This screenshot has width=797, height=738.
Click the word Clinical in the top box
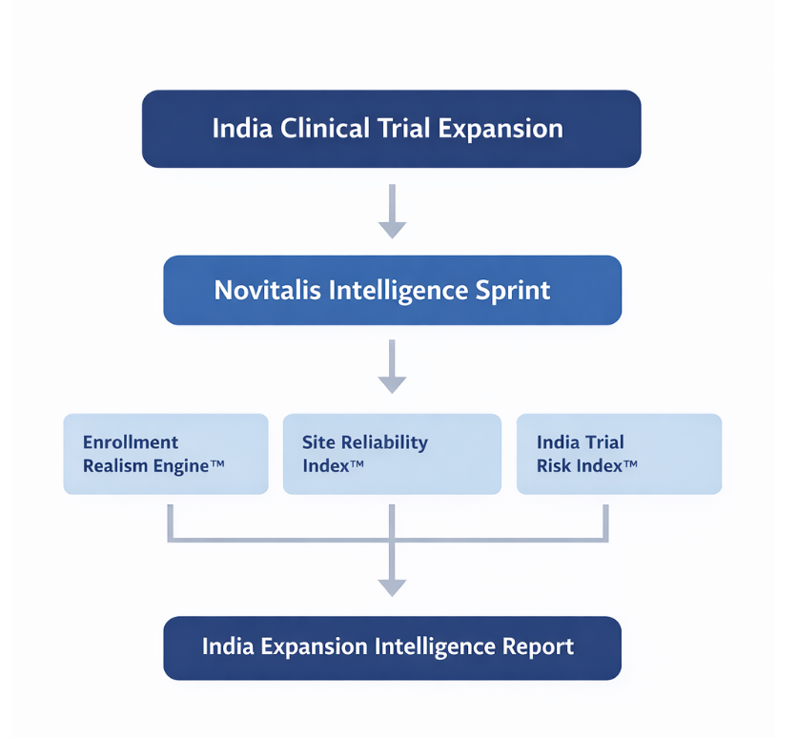325,128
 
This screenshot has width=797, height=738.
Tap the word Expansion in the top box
501,129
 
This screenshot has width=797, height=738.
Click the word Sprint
513,291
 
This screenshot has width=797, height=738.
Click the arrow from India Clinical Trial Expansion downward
392,211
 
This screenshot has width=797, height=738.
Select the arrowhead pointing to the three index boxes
392,385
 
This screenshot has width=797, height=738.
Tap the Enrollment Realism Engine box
166,454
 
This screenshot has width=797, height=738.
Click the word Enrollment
131,442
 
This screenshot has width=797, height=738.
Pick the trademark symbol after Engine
217,462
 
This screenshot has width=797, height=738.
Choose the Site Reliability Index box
392,454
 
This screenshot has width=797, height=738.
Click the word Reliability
384,443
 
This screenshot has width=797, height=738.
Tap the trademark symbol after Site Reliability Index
357,462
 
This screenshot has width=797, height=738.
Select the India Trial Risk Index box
619,454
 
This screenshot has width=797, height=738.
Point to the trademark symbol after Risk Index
630,462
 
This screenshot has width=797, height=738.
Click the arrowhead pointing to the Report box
392,587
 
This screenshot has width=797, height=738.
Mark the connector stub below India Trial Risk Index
605,523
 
